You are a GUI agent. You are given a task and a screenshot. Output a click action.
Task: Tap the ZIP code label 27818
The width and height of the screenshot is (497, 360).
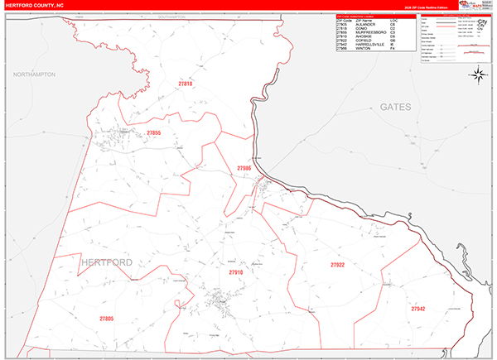[x=185, y=84]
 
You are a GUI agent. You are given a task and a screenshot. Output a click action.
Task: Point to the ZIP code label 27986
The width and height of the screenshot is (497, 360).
[x=244, y=168]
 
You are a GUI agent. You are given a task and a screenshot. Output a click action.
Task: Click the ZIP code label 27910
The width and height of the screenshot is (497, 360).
[x=236, y=271]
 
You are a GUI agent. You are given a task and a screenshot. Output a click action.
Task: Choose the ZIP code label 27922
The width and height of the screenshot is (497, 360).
[x=337, y=265]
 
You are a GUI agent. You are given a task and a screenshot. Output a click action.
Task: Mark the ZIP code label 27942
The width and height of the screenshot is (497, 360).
[x=417, y=308]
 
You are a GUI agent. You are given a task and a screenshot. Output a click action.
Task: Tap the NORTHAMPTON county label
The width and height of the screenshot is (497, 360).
[x=34, y=74]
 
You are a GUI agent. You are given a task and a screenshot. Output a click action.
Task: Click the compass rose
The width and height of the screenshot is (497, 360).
[x=478, y=75]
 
